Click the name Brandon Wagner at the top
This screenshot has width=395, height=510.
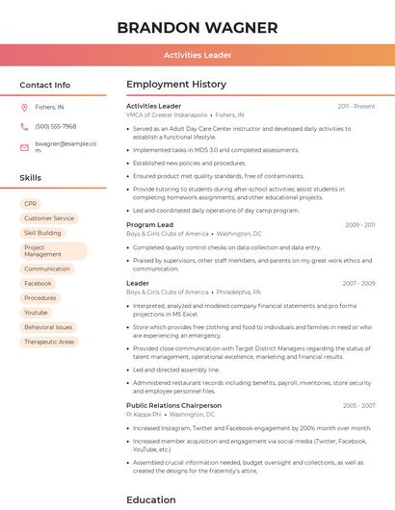[197, 27]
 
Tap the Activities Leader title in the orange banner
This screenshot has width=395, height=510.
[197, 56]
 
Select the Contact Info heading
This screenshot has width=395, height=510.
[45, 85]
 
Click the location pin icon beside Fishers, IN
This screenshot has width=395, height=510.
[24, 108]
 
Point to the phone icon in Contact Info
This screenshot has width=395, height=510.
[24, 127]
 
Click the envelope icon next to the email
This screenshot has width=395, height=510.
[24, 147]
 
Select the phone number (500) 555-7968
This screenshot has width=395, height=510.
[55, 127]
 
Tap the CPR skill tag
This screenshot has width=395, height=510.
[31, 204]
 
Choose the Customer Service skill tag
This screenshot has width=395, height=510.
[48, 218]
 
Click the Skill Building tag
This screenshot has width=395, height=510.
[42, 233]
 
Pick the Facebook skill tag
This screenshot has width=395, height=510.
[38, 284]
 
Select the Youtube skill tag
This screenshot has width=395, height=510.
[36, 313]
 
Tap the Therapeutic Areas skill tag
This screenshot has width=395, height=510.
[49, 342]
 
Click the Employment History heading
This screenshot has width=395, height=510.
[176, 85]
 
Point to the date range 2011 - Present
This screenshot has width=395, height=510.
[356, 106]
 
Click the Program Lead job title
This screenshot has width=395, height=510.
[149, 224]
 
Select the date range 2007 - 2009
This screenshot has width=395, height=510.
[358, 284]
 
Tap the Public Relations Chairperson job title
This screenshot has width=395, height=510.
[173, 405]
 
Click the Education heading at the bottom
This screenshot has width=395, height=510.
[151, 499]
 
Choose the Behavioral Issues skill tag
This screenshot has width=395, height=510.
[48, 327]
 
